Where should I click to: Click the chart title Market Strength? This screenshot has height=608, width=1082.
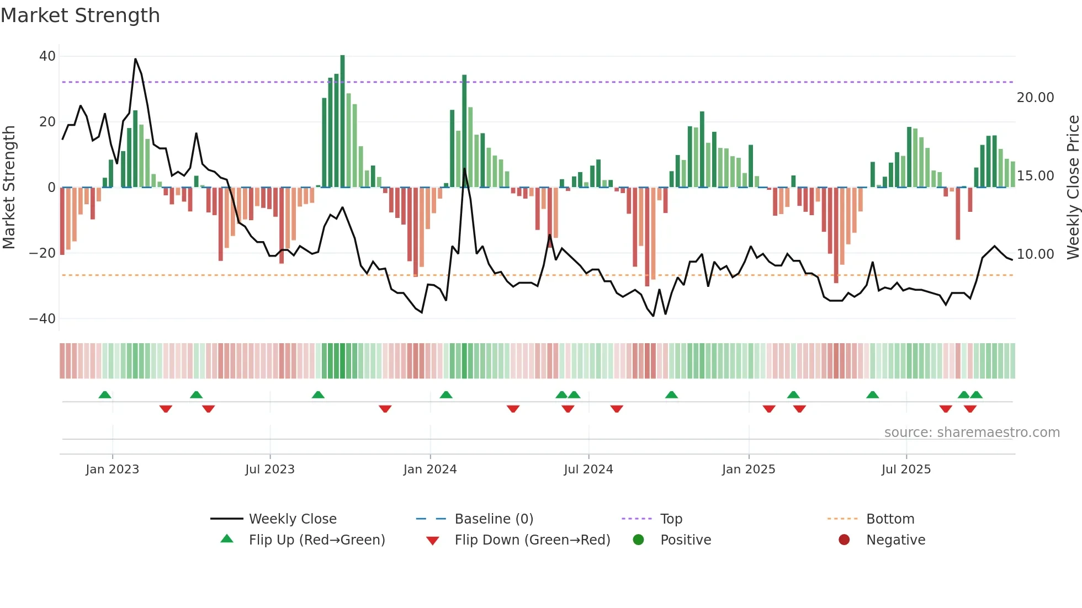(80, 15)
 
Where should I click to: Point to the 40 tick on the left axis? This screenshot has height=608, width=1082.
(47, 56)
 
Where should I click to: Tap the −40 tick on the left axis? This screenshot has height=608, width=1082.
(42, 319)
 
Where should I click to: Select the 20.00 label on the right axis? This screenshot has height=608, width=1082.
(1035, 98)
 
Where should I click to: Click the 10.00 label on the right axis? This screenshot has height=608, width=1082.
(1035, 254)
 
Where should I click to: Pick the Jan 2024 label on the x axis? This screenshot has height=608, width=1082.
(429, 470)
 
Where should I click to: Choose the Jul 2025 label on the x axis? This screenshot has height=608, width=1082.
(905, 470)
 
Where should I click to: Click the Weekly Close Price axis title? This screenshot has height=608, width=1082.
(1073, 188)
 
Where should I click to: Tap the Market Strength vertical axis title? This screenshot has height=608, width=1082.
(9, 188)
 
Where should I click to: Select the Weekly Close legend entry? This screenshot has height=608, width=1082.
(292, 519)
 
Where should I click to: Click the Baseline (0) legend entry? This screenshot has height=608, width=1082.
(494, 519)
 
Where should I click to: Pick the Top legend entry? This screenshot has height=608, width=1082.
(671, 519)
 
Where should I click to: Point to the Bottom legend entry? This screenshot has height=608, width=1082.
(890, 519)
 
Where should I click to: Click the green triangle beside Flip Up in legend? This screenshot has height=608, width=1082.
(227, 539)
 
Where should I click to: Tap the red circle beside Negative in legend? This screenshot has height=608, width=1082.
(844, 540)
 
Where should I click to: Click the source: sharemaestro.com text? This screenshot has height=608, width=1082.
(972, 433)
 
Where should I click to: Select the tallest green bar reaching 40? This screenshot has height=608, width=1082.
(342, 121)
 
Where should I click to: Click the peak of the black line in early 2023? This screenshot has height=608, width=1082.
(135, 59)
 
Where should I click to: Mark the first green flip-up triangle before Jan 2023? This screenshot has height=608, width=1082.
(105, 394)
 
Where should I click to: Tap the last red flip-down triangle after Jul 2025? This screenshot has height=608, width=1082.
(970, 409)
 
